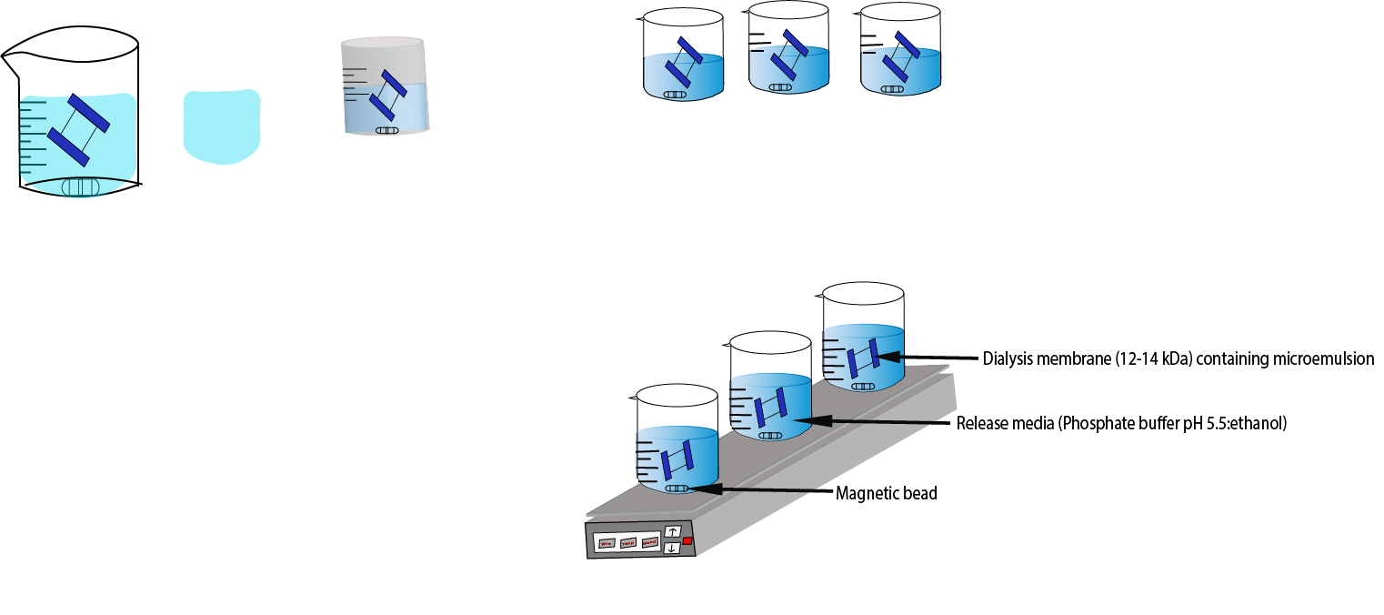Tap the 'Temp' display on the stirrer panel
point(627,543)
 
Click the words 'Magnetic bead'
point(886,494)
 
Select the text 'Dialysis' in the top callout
point(1008,358)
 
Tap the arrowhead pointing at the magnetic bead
point(699,489)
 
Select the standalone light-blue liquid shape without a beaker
point(222,126)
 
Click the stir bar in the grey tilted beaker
point(387,130)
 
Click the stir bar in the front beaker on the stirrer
point(677,489)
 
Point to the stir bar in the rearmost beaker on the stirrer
point(862,386)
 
